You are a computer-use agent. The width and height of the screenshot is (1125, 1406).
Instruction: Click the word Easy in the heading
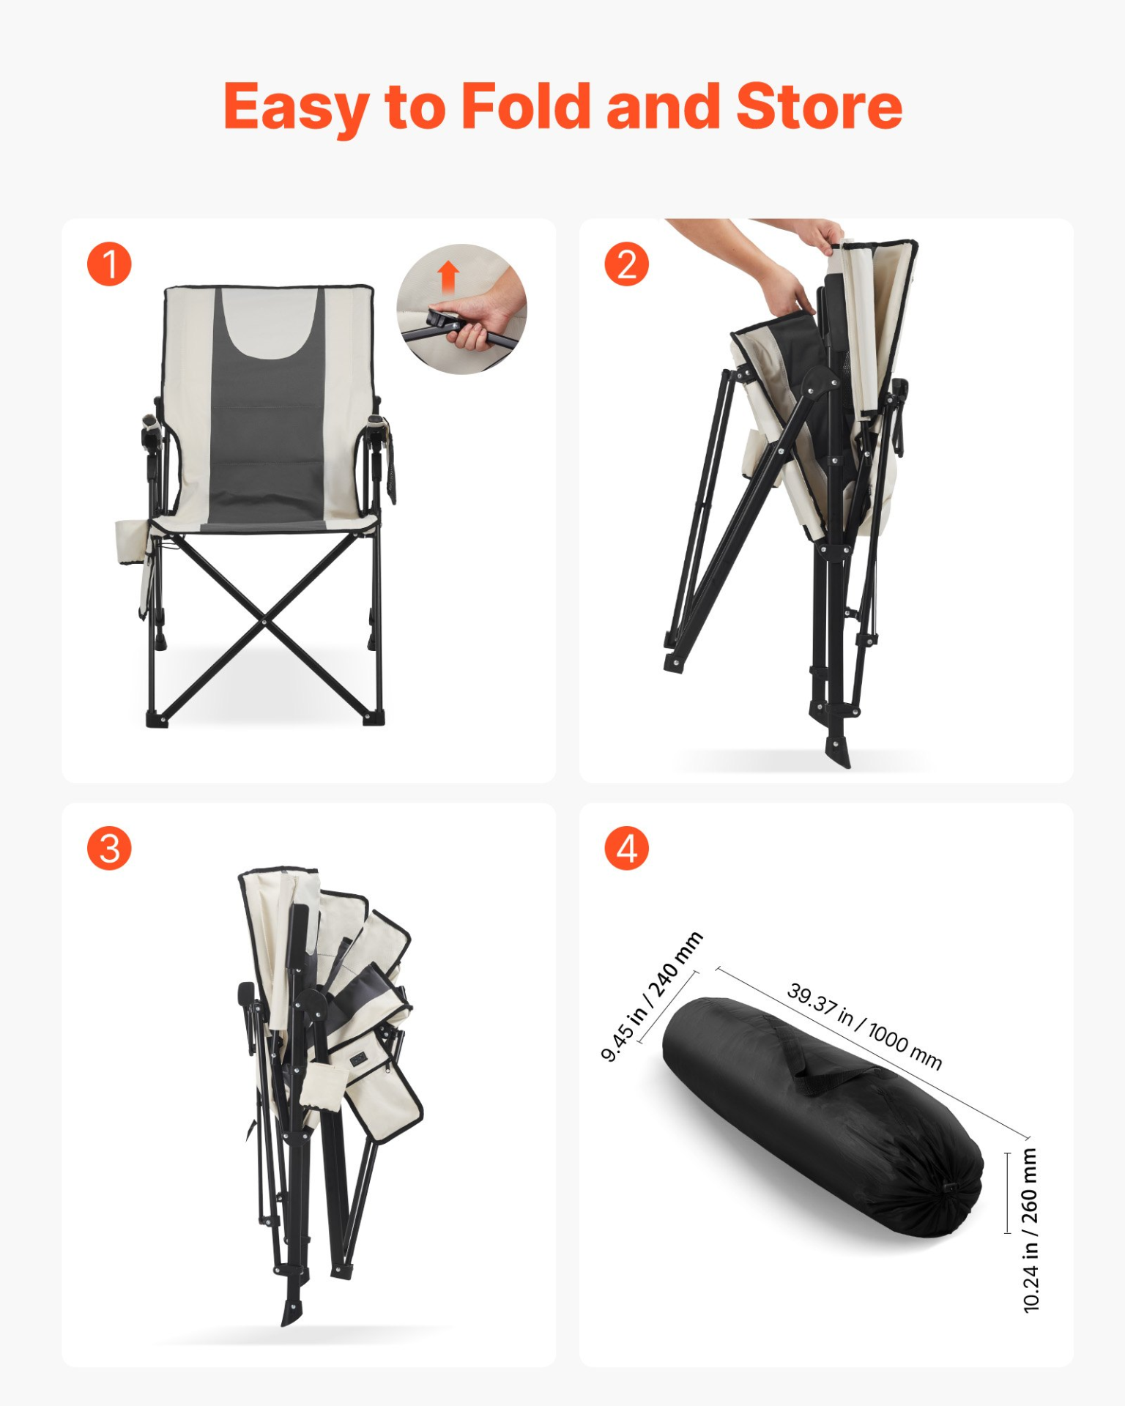click(295, 108)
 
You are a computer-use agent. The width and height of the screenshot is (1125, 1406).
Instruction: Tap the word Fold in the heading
click(526, 106)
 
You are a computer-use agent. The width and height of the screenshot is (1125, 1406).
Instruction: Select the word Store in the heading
click(819, 107)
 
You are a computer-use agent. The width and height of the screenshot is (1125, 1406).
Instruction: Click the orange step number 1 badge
click(109, 264)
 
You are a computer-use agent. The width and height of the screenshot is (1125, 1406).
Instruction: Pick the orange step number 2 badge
click(626, 264)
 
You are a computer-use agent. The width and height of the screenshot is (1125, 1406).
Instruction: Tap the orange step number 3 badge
click(109, 849)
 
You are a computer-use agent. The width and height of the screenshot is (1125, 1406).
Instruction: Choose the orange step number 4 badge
click(626, 849)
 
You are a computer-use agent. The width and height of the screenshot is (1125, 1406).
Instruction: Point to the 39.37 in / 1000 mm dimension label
click(864, 1026)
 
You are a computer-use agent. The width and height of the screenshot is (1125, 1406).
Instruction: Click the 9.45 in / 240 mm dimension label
click(651, 997)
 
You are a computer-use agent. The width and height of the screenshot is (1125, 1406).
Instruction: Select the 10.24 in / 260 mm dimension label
click(1030, 1230)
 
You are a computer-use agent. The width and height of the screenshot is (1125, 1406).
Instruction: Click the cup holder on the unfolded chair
click(131, 542)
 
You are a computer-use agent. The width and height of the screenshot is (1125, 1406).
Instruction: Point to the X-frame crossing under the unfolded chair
click(264, 622)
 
